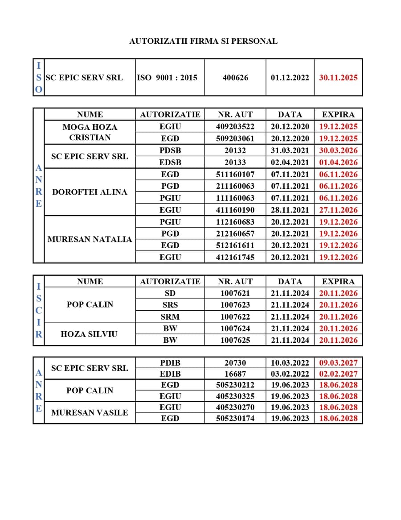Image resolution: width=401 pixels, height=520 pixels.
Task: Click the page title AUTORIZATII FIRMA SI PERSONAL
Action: tap(203, 41)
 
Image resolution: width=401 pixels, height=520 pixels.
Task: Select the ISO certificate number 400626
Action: tap(235, 78)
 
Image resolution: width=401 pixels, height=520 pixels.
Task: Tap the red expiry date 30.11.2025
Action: tap(338, 78)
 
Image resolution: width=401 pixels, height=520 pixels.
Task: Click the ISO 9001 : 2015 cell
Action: tap(167, 78)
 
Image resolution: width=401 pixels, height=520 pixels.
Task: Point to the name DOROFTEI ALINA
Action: tap(90, 192)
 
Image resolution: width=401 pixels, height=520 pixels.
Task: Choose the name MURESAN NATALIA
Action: tap(90, 239)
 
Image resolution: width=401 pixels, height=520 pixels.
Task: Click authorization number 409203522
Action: tap(235, 127)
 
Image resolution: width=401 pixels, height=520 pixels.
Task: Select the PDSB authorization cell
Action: tap(170, 150)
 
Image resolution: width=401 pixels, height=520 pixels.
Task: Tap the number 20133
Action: tap(235, 162)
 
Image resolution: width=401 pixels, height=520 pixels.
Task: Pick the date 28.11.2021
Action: tap(290, 210)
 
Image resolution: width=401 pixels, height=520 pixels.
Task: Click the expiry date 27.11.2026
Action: tap(338, 210)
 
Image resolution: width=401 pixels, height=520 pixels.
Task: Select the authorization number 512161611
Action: tap(235, 245)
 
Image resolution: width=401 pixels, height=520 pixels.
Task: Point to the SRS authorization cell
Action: tap(170, 305)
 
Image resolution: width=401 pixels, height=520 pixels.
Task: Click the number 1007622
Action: tap(235, 317)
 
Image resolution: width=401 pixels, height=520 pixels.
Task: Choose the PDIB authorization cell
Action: tap(170, 363)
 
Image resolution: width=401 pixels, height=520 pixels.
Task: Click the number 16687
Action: tap(235, 374)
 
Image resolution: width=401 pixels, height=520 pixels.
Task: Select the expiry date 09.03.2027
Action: tap(338, 363)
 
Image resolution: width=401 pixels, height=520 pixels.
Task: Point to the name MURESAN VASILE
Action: tap(90, 413)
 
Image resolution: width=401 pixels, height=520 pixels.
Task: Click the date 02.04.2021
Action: tap(290, 162)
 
